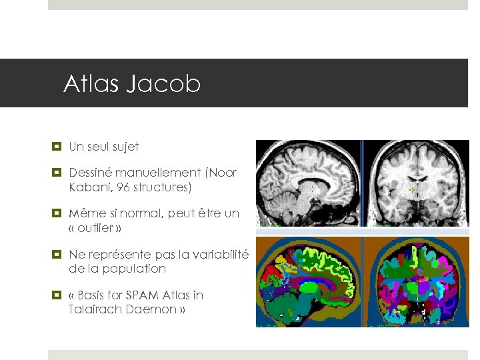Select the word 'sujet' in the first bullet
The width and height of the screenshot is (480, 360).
tap(125, 147)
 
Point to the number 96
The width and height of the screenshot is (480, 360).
tap(123, 187)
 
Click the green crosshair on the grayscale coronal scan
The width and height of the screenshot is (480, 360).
tap(411, 190)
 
